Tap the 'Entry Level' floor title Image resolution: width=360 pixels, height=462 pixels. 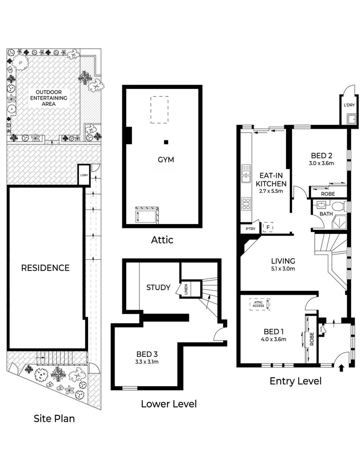[295, 381]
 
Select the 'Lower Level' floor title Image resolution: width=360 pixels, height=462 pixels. [169, 403]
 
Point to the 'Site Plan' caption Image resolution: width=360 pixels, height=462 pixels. [56, 418]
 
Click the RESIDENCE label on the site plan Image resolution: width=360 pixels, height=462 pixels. [45, 268]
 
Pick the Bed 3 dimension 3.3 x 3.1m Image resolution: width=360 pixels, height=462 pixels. [148, 362]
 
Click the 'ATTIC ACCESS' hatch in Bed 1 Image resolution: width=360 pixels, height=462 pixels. [260, 304]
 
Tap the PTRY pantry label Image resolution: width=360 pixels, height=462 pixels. [250, 229]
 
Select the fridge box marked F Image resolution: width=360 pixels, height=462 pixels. [268, 227]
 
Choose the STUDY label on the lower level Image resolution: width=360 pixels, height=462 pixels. [158, 287]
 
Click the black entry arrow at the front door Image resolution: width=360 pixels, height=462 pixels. [341, 367]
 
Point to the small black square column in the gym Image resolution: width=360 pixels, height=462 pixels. [166, 142]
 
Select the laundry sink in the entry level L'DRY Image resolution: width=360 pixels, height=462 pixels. [351, 119]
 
